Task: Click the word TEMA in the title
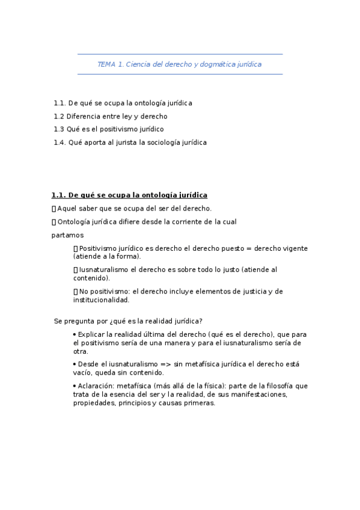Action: tap(106, 64)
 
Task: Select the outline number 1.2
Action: tap(58, 116)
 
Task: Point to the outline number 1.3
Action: tap(58, 129)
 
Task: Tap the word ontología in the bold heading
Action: tap(147, 195)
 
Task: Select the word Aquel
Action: tap(67, 209)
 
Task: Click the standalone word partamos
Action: tap(67, 235)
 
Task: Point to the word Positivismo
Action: tap(99, 248)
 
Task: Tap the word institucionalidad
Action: tap(101, 300)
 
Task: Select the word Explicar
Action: tap(91, 334)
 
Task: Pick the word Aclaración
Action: tap(96, 386)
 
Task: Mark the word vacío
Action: tap(82, 373)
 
